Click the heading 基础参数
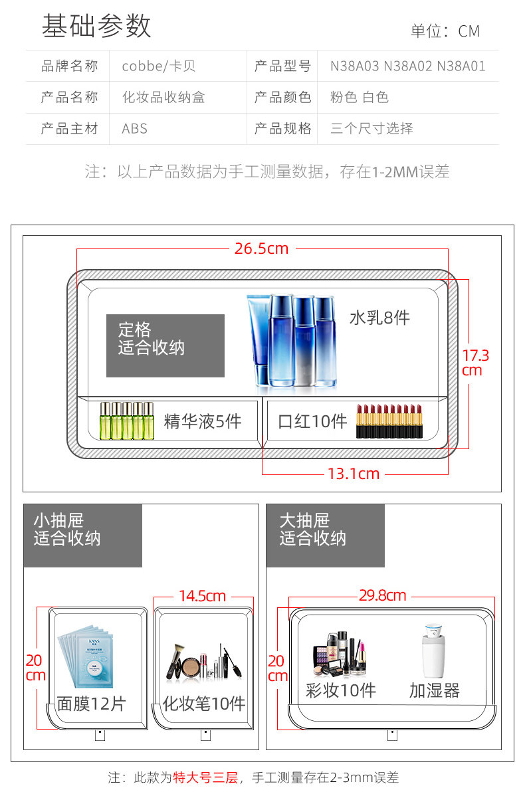coord(96,26)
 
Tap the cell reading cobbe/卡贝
coord(158,66)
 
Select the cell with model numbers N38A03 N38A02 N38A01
coord(407,66)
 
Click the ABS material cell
coord(134,129)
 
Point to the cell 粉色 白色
coord(359,98)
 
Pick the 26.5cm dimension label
coord(261,248)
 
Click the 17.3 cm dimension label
coord(475,363)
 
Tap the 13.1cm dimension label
coord(353,474)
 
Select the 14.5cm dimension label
coord(202,596)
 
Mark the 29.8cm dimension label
coord(382,595)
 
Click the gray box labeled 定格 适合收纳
coord(165,346)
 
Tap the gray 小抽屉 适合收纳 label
coord(82,536)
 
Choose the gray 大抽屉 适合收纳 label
coord(325,536)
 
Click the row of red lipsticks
coord(389,421)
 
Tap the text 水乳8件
coord(379,318)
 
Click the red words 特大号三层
coord(205,777)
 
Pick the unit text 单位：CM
coord(445,31)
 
